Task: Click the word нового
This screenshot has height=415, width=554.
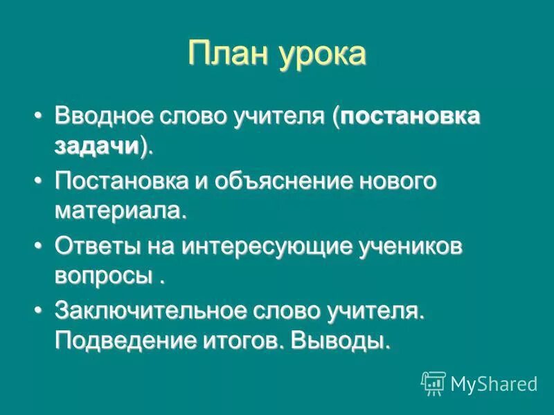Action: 398,181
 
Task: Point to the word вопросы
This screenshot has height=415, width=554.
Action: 104,276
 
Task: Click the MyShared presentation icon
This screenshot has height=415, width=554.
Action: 434,383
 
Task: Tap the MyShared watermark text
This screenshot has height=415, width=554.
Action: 494,383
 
